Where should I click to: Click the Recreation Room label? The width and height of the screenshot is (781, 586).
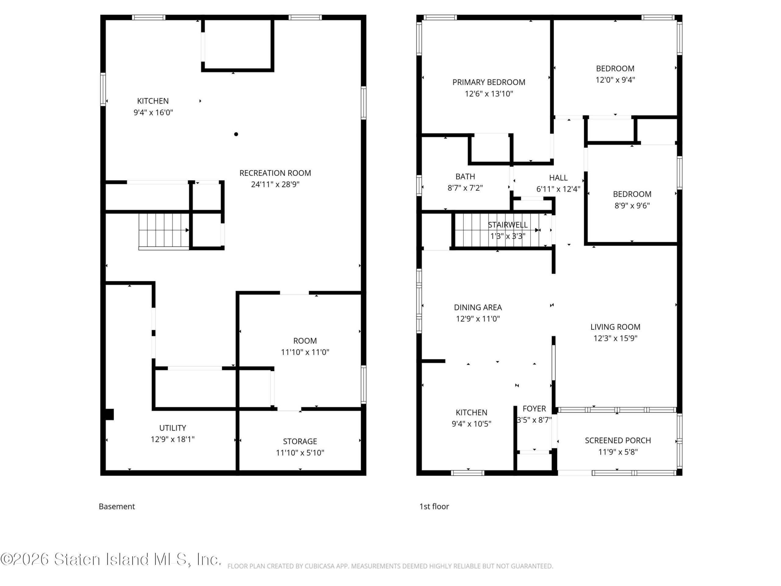[x=275, y=173]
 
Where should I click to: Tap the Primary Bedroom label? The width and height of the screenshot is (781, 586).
[x=489, y=82]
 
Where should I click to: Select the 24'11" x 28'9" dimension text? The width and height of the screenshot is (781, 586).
[x=275, y=184]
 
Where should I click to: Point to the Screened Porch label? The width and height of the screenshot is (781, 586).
[x=618, y=440]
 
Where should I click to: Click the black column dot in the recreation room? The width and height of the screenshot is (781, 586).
[x=236, y=134]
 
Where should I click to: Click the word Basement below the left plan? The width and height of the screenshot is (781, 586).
[x=117, y=507]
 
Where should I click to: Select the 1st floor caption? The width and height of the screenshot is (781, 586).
[x=434, y=507]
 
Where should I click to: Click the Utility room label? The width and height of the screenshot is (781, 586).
[x=173, y=428]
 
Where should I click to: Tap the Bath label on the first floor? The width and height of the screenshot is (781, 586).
[x=465, y=177]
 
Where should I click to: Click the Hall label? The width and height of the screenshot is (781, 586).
[x=558, y=178]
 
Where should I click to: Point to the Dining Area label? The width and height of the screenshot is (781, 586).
[x=478, y=307]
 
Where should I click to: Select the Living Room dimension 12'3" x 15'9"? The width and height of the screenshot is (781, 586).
[x=615, y=338]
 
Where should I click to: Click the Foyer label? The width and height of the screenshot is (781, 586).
[x=534, y=409]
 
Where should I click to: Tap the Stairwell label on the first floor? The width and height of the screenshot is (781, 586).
[x=508, y=225]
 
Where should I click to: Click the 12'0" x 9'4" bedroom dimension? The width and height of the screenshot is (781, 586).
[x=615, y=80]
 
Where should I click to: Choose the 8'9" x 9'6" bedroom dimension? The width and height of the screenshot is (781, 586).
[x=632, y=206]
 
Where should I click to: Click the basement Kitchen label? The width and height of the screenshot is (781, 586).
[x=153, y=101]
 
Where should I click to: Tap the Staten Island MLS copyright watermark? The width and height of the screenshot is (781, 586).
[x=111, y=559]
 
